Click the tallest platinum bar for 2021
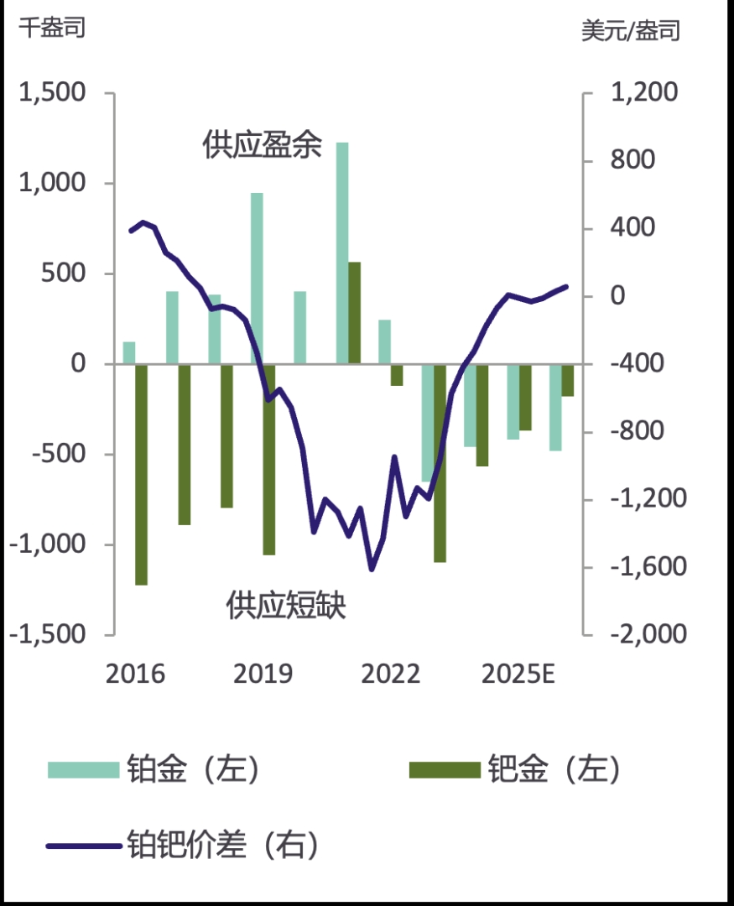342,252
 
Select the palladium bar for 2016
141,474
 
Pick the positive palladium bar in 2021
354,313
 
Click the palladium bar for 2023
440,463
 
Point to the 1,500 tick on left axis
52,93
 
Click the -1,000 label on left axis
48,544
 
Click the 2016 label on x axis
135,674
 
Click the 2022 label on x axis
390,674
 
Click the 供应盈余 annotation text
262,145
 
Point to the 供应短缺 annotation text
286,605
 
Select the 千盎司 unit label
52,28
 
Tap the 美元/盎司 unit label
631,30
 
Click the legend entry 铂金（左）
155,769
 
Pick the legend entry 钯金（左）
516,769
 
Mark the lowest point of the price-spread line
371,570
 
